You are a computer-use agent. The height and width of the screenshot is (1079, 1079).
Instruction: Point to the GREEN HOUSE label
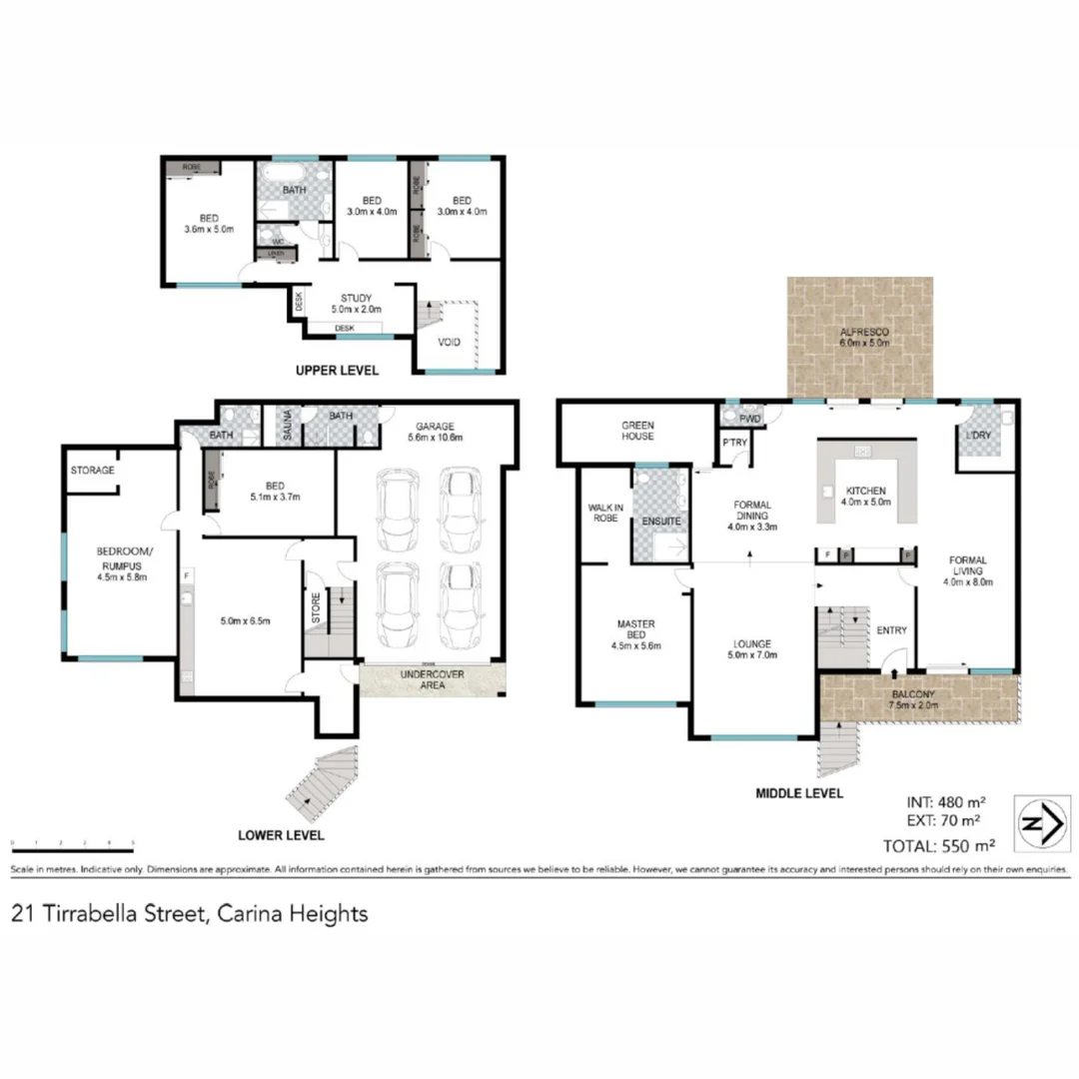pos(637,430)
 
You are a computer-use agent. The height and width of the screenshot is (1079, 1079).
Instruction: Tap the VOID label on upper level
pos(450,343)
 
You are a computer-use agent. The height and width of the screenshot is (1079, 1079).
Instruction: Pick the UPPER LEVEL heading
pos(337,371)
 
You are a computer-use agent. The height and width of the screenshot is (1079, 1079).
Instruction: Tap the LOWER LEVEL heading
pos(282,834)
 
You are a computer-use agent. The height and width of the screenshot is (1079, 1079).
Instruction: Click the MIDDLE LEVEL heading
pos(799,793)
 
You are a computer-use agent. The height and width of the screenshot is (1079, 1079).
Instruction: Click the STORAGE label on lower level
pos(92,470)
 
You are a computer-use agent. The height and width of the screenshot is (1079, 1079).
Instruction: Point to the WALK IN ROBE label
pos(605,514)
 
